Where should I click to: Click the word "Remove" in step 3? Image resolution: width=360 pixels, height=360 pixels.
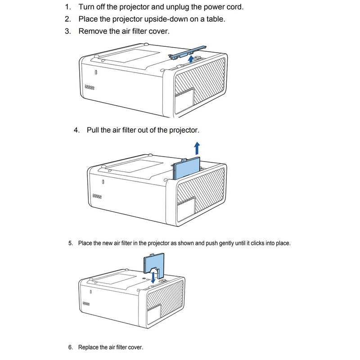(93, 31)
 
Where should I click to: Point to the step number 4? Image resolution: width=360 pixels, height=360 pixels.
(76, 130)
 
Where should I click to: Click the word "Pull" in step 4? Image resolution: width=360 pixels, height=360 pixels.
(93, 130)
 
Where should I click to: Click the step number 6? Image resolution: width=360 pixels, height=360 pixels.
(71, 347)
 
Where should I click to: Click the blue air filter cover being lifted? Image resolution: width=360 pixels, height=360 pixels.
(188, 53)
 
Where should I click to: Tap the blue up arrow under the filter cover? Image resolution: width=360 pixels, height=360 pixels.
(191, 59)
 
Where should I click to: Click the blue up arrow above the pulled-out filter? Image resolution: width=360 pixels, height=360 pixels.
(197, 148)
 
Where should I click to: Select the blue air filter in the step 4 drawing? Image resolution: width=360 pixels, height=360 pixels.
(186, 168)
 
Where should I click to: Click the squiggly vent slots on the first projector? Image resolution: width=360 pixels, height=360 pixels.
(90, 87)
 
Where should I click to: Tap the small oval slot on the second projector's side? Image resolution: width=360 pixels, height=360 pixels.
(103, 182)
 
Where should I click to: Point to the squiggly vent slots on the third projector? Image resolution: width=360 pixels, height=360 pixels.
(86, 303)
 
